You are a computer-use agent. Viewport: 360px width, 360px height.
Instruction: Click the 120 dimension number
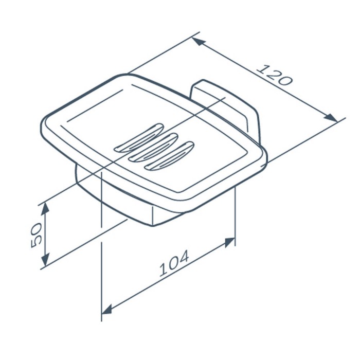(274, 75)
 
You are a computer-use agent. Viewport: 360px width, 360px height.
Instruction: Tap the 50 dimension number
(36, 235)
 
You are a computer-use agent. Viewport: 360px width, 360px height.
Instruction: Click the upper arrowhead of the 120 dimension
(199, 42)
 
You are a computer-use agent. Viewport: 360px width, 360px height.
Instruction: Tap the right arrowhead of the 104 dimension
(229, 242)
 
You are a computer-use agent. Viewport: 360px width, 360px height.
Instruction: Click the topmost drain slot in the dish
(138, 138)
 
